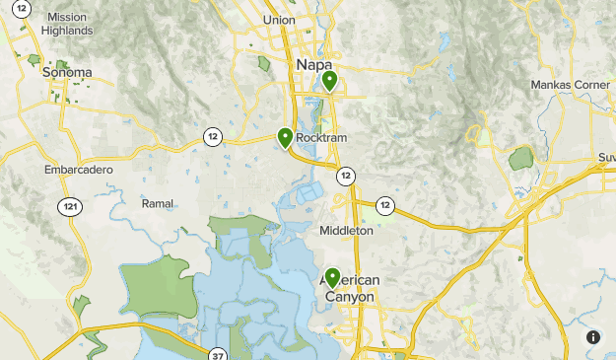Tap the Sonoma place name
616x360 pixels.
pos(67,72)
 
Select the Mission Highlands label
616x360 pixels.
pos(67,24)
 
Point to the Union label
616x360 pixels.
pos(280,20)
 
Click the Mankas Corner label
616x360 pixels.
pos(571,86)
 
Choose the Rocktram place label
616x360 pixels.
pos(321,138)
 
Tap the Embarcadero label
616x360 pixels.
pos(79,170)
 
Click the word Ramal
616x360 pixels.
pos(158,203)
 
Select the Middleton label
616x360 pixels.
pos(346,231)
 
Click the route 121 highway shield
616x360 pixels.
pos(69,206)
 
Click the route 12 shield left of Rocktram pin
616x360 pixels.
pos(212,136)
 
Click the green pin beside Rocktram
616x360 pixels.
pos(285,137)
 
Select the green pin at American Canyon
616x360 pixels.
pos(333,277)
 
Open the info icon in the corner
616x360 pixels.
pos(593,337)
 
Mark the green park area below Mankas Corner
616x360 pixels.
pos(520,158)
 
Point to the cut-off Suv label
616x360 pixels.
pos(605,158)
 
